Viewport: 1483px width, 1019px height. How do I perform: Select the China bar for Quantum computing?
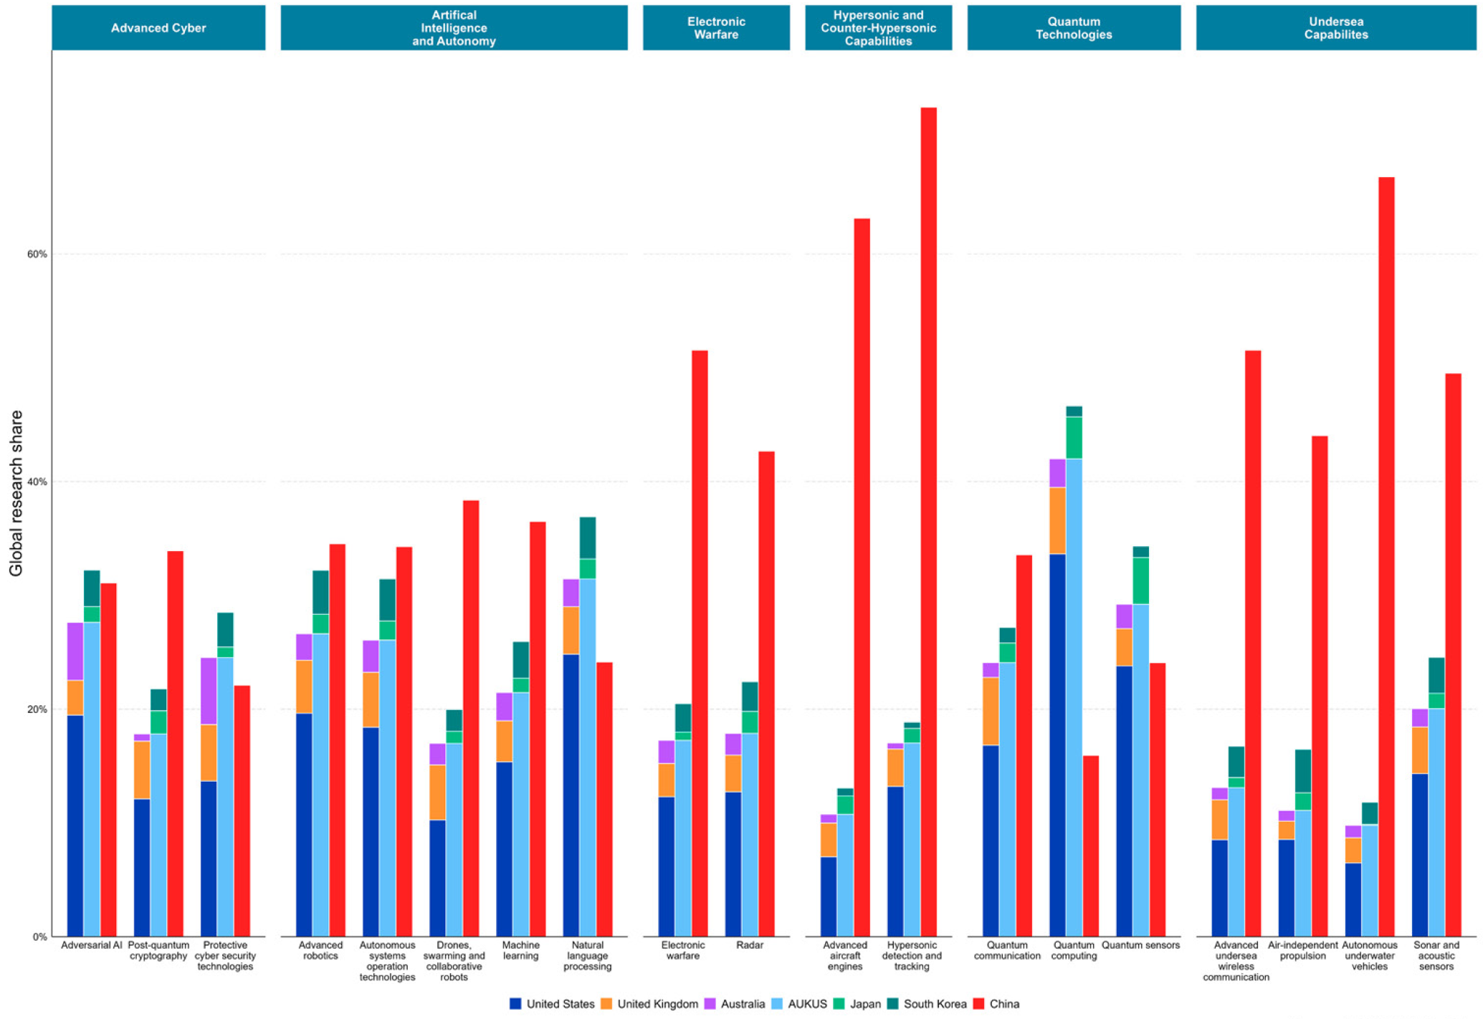click(1090, 846)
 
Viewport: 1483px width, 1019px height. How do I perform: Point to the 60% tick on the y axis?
click(37, 254)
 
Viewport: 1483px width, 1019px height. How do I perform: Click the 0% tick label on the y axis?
click(40, 937)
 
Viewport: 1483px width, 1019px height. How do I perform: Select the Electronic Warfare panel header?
click(716, 28)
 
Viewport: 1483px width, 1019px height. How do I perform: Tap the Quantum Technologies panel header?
click(1073, 28)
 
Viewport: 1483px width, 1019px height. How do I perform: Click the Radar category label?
click(749, 945)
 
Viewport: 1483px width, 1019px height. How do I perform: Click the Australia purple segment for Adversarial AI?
click(75, 651)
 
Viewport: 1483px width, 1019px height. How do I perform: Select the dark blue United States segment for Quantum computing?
click(1057, 745)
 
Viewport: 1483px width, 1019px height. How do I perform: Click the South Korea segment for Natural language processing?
click(587, 537)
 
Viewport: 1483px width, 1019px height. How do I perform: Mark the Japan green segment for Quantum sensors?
click(1140, 580)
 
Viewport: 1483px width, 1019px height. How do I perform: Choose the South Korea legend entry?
click(934, 1004)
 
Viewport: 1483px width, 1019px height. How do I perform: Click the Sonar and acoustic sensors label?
click(1436, 955)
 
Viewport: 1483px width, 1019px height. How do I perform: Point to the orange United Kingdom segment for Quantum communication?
click(991, 711)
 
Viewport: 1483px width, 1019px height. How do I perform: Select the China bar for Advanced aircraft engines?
click(862, 577)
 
